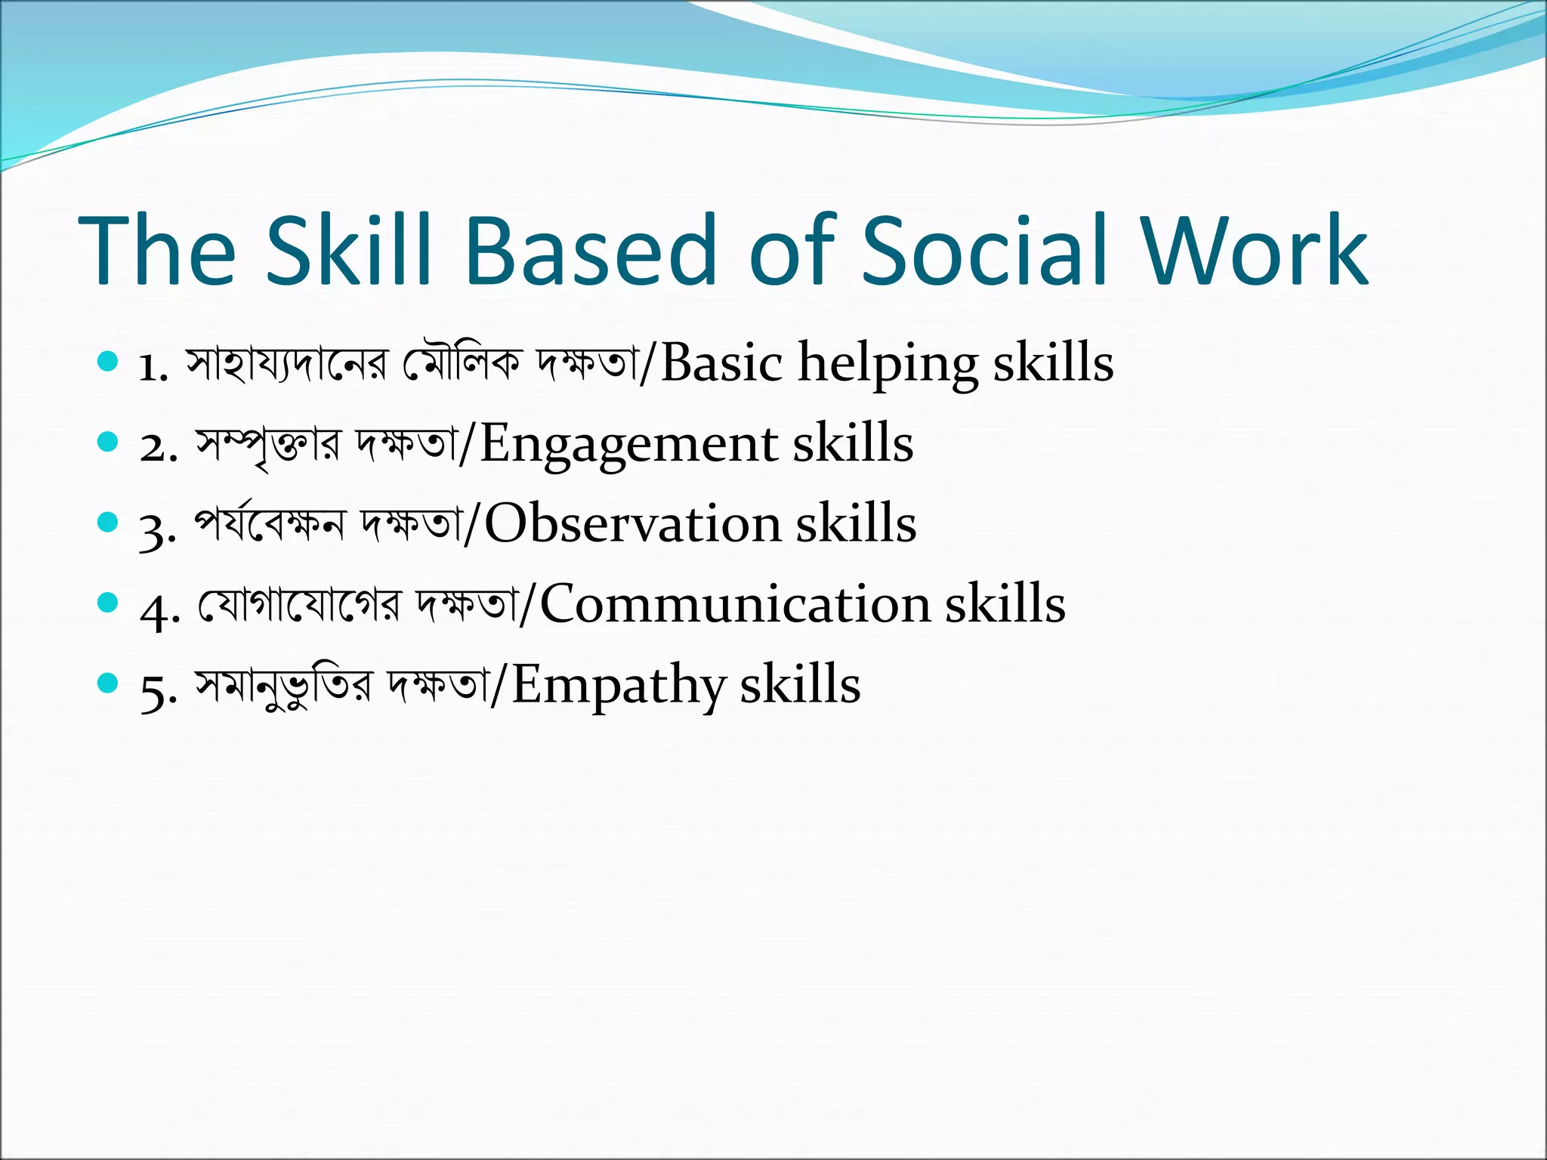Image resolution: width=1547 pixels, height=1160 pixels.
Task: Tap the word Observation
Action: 632,523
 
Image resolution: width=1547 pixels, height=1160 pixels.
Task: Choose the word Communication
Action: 735,604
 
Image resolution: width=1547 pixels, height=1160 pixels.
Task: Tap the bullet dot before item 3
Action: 109,523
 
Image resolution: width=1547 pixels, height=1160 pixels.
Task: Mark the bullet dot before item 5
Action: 109,683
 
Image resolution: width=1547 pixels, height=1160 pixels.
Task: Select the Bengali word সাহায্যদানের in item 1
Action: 288,364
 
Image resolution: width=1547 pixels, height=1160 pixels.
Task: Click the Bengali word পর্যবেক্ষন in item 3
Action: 270,523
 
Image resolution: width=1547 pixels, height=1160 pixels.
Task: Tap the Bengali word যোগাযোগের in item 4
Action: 299,604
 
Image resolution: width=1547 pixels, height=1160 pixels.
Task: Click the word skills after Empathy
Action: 800,684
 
